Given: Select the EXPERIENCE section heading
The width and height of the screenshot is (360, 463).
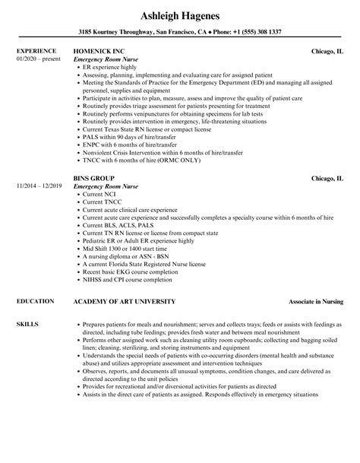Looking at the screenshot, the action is pos(37,52).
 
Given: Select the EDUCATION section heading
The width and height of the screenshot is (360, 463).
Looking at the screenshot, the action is pos(35,281).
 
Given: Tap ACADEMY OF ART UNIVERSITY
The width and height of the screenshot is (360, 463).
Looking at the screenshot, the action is pos(131,281).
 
